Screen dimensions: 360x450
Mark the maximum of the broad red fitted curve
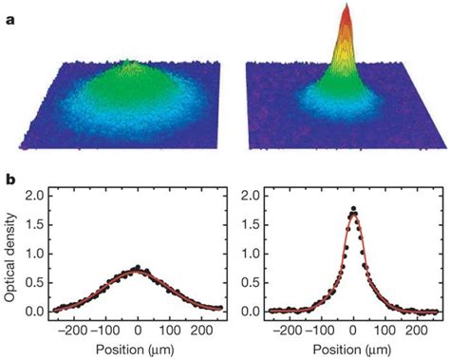point(139,270)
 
